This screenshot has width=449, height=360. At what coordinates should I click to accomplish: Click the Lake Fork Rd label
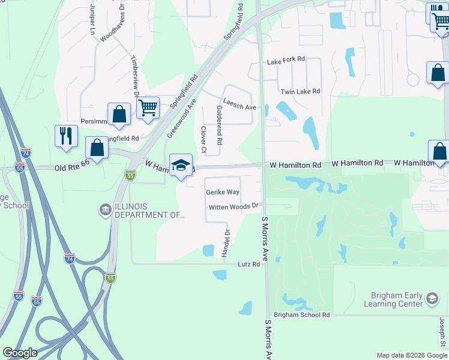click(286, 61)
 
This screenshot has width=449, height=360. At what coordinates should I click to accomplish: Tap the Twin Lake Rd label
click(300, 91)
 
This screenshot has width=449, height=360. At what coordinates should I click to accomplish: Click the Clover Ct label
click(203, 139)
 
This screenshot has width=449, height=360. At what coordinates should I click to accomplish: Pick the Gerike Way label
click(223, 192)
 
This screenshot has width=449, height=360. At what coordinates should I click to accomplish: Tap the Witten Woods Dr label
click(234, 207)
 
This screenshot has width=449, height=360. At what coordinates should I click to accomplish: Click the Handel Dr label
click(226, 244)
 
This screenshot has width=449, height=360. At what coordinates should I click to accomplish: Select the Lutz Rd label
click(249, 264)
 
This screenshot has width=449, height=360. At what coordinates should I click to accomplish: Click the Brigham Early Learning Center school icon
click(432, 299)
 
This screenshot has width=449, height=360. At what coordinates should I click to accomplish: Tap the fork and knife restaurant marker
click(66, 135)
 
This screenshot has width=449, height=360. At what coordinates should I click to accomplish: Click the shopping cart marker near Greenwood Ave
click(148, 109)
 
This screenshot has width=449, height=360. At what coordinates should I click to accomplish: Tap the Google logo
click(20, 353)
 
